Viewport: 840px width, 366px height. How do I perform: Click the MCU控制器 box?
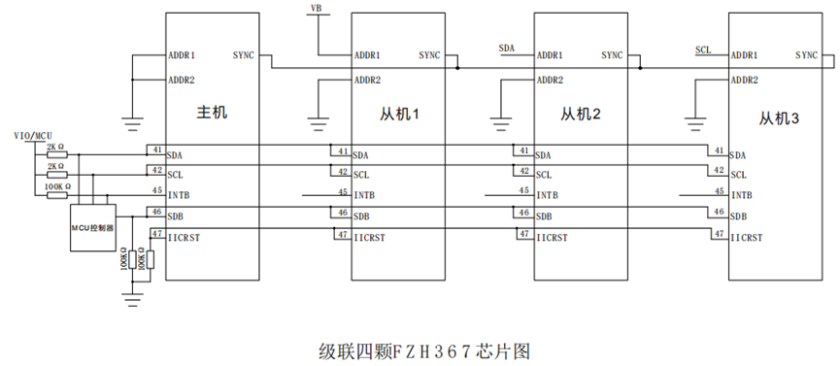(92, 227)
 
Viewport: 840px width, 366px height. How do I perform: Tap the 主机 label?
(212, 113)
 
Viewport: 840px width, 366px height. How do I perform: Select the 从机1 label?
(399, 115)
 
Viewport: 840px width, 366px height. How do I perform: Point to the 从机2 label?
(580, 115)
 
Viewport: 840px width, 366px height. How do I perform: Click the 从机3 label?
(779, 118)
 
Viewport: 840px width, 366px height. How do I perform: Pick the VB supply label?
(317, 8)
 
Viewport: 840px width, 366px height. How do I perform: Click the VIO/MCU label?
(33, 136)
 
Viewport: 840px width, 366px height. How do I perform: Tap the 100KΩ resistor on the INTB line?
(56, 194)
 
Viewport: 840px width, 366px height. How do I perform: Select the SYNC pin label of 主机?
(244, 54)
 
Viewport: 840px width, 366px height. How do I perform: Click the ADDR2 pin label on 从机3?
(744, 81)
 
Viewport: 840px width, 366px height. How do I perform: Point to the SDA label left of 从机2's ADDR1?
(506, 49)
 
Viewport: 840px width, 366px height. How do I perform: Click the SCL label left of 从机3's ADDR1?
(703, 50)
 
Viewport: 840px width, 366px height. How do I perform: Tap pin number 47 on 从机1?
(342, 234)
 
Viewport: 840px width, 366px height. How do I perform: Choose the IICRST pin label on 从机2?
(552, 238)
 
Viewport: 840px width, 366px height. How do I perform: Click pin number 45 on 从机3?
(720, 191)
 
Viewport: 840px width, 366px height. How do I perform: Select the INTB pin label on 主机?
(178, 195)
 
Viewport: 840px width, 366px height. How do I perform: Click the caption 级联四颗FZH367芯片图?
(424, 352)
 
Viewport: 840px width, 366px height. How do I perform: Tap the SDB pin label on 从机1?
(361, 216)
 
